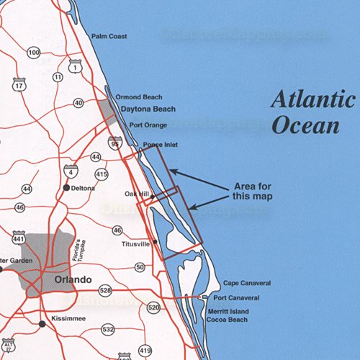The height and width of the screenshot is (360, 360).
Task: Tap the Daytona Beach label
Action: (148, 109)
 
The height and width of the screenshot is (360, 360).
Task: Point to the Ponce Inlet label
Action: (160, 145)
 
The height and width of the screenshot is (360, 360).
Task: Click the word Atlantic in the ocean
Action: (312, 100)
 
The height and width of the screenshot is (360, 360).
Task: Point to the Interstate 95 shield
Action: (115, 143)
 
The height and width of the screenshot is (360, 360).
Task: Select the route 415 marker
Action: (102, 174)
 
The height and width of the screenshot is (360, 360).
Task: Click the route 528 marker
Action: (106, 290)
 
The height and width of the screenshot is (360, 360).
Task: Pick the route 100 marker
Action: (34, 53)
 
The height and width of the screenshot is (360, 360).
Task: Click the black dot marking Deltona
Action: (66, 188)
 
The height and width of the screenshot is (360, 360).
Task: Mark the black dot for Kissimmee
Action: (42, 324)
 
